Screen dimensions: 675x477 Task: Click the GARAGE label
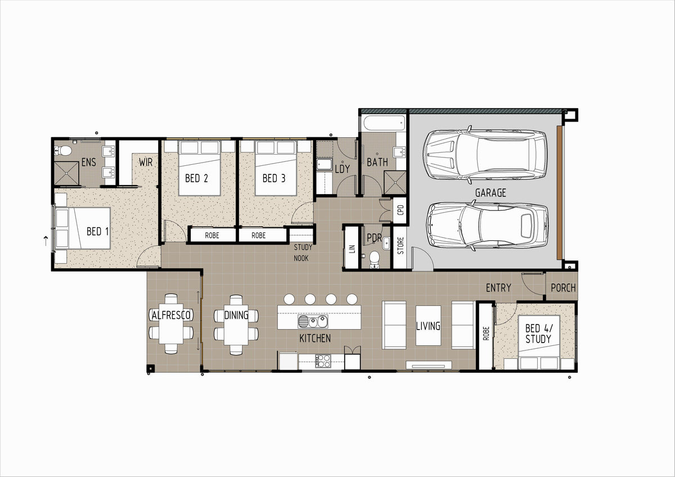pyautogui.click(x=490, y=193)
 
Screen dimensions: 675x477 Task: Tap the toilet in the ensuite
pyautogui.click(x=63, y=150)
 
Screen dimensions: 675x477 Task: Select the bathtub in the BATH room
pyautogui.click(x=384, y=123)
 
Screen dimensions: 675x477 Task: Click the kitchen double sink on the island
pyautogui.click(x=313, y=322)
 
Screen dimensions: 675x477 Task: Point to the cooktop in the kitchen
pyautogui.click(x=323, y=361)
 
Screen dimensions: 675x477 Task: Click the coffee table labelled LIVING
pyautogui.click(x=428, y=326)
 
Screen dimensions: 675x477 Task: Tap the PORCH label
pyautogui.click(x=563, y=288)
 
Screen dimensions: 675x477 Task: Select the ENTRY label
pyautogui.click(x=498, y=288)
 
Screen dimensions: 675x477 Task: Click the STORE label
pyautogui.click(x=400, y=246)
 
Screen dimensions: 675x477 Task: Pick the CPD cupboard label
pyautogui.click(x=400, y=210)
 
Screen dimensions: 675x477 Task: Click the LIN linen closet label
pyautogui.click(x=352, y=249)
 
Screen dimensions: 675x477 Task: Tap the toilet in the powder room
pyautogui.click(x=375, y=260)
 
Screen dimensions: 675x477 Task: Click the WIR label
pyautogui.click(x=146, y=163)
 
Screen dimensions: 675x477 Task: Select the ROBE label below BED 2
pyautogui.click(x=212, y=235)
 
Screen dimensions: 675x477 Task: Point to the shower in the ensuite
pyautogui.click(x=66, y=173)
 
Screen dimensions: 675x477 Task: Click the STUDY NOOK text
pyautogui.click(x=303, y=253)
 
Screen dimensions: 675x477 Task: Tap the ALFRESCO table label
pyautogui.click(x=171, y=315)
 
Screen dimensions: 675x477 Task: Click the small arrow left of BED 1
pyautogui.click(x=46, y=241)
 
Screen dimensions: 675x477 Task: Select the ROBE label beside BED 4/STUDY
pyautogui.click(x=486, y=334)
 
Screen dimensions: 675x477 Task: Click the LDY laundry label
pyautogui.click(x=343, y=169)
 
